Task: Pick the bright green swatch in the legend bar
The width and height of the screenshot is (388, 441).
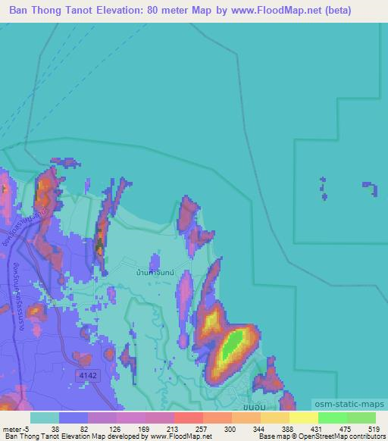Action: coord(332,418)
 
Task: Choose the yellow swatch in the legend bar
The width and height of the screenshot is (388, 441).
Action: coord(303,418)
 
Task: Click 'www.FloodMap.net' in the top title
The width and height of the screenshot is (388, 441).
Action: coord(274,11)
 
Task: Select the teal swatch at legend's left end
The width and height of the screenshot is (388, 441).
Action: coord(45,418)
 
